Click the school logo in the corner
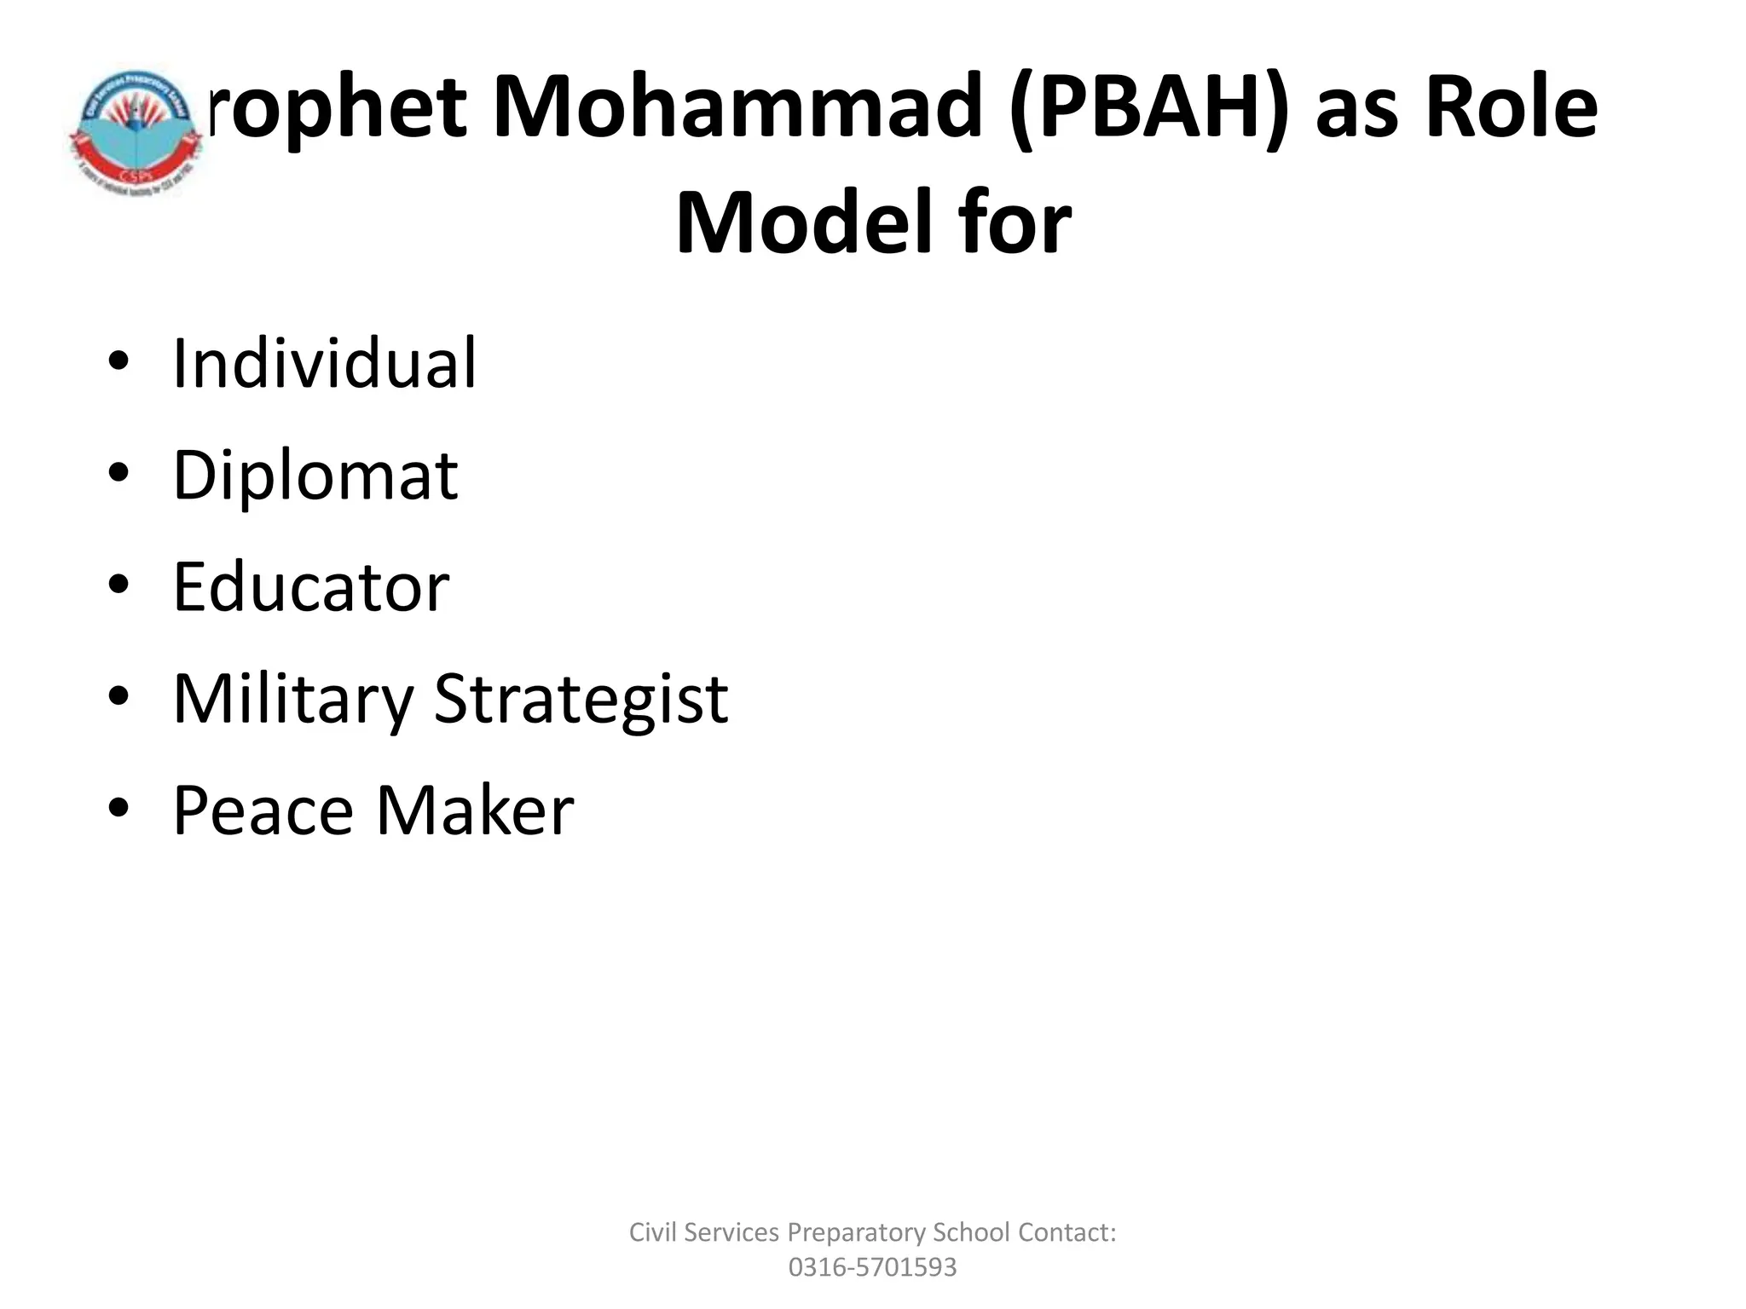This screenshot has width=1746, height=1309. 135,133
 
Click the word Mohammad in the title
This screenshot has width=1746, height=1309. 737,108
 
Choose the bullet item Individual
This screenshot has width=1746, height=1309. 325,364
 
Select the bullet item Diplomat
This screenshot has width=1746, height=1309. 315,476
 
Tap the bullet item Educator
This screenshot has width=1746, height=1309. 311,587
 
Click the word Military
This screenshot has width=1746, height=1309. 292,700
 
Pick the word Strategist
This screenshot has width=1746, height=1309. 581,700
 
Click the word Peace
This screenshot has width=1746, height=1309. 263,810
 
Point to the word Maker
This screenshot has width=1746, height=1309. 475,810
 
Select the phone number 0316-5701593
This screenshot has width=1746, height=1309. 872,1267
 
